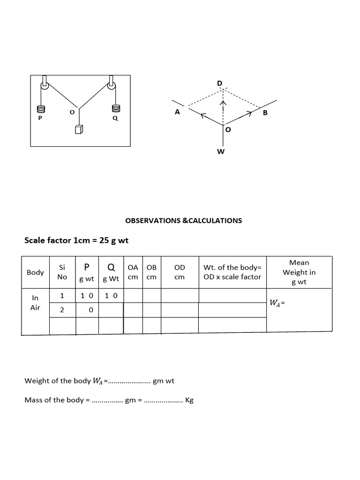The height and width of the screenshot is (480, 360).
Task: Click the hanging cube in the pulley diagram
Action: [x=78, y=130]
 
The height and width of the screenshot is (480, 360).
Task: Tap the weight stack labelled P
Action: [x=40, y=109]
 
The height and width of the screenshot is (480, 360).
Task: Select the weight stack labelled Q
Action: [x=115, y=108]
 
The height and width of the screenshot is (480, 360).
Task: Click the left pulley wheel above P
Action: [x=44, y=86]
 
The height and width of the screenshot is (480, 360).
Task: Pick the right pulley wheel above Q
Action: [x=112, y=86]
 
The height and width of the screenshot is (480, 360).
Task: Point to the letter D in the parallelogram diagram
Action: [x=220, y=83]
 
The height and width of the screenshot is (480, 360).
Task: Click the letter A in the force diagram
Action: [x=177, y=112]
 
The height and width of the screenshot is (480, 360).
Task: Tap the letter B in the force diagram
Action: [x=265, y=113]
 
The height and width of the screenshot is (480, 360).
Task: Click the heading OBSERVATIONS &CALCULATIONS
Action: [x=184, y=220]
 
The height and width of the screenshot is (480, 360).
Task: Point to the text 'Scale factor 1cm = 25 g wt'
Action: [x=76, y=240]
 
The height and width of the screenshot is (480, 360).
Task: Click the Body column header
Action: [x=35, y=272]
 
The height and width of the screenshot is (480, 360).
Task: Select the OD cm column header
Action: [x=180, y=272]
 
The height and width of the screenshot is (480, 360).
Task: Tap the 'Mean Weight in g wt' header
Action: [x=299, y=272]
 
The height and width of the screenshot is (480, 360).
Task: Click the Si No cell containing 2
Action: [x=62, y=310]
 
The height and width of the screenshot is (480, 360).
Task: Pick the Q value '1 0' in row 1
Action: [x=111, y=296]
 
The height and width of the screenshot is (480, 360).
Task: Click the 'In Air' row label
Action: [x=35, y=303]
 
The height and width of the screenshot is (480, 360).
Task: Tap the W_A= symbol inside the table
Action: [x=277, y=303]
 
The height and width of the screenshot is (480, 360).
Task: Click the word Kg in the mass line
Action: [x=189, y=401]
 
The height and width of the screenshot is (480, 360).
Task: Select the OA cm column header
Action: [x=133, y=272]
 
